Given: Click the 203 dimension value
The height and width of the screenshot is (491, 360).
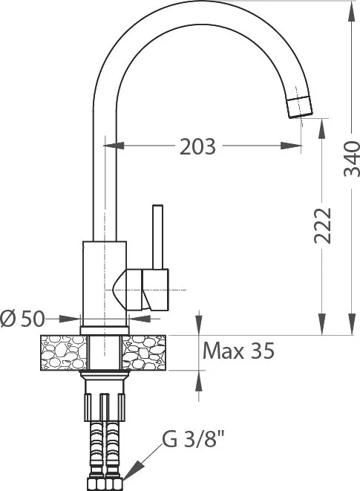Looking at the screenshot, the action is pos(197,146).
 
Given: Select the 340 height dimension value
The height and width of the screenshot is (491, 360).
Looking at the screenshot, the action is pos(352,159).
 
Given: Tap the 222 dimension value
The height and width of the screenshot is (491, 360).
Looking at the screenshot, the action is pos(322,226).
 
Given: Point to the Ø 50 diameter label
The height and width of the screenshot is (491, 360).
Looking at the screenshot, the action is pos(22,319).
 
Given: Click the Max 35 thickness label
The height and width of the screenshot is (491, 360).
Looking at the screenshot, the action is pos(238,351).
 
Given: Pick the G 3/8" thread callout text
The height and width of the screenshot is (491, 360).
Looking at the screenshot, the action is pos(194,439).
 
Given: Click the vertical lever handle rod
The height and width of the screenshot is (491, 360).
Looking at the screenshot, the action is pos(158,237).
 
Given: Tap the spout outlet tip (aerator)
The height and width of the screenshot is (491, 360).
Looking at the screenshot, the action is pos(300,107).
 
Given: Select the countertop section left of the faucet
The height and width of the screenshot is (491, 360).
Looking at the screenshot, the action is pos(64,353).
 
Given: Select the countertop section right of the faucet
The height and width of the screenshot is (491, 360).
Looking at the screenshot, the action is pos(144,353).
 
